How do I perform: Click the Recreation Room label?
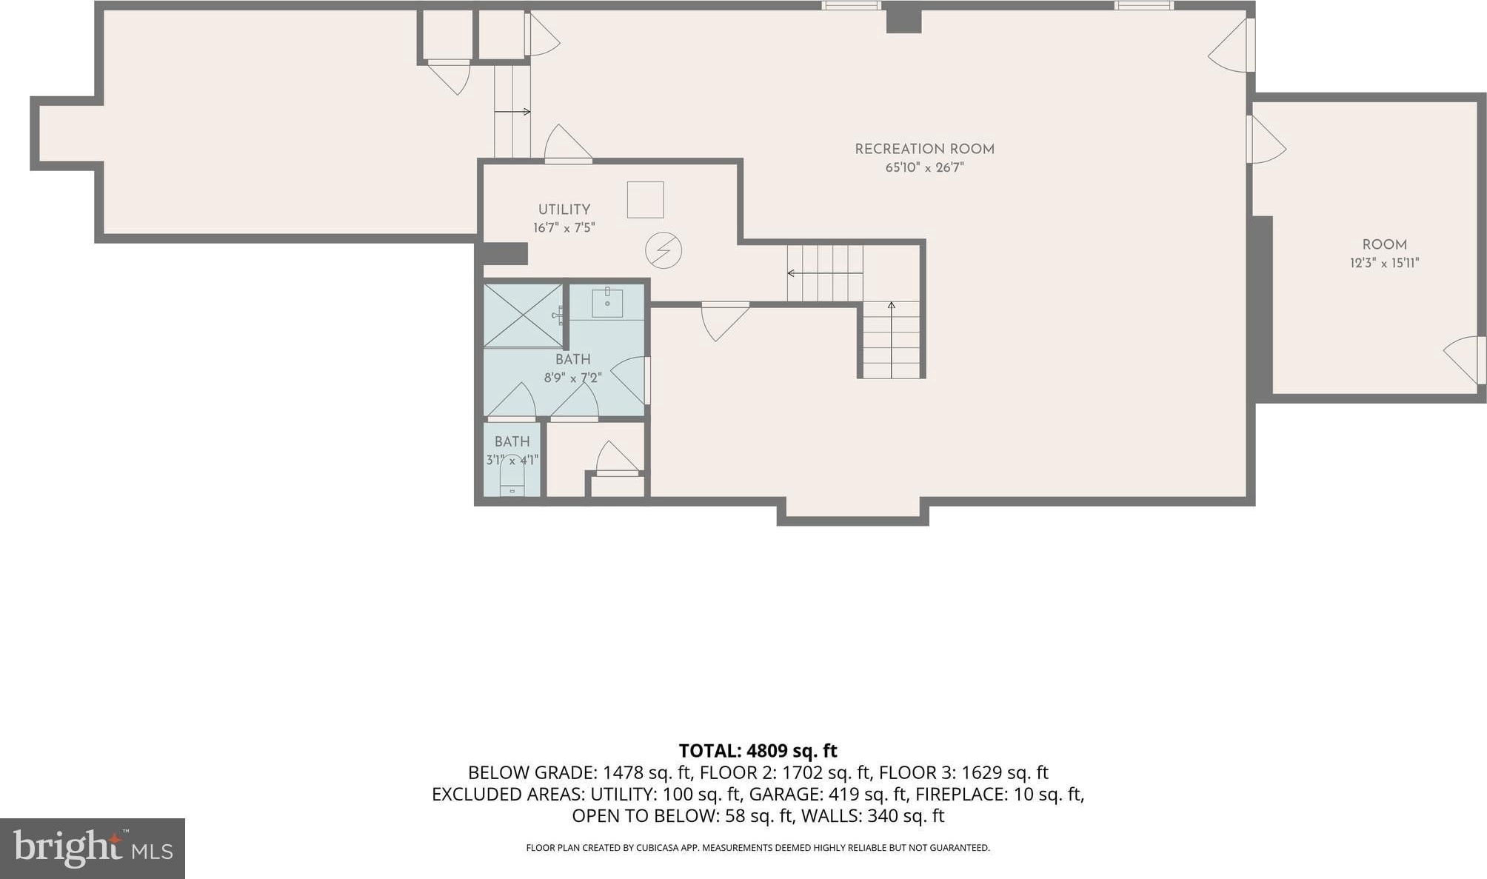(x=924, y=149)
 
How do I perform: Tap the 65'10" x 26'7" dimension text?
(x=924, y=167)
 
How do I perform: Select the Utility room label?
(x=564, y=210)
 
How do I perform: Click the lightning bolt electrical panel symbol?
(x=664, y=250)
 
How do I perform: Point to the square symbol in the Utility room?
(x=645, y=199)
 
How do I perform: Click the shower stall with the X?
(x=523, y=315)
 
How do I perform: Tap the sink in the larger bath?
(x=607, y=302)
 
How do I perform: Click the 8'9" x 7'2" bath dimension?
(x=572, y=378)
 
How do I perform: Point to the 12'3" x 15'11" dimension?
(x=1384, y=263)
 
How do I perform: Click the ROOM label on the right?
(x=1384, y=244)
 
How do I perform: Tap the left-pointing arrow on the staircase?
(x=825, y=273)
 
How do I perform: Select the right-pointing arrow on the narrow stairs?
(x=512, y=112)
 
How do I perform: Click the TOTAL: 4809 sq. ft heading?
(x=758, y=751)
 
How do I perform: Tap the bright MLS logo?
(x=93, y=848)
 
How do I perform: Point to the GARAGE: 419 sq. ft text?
(x=828, y=795)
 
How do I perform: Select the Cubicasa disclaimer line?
(x=758, y=848)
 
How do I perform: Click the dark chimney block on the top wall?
(x=903, y=20)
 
